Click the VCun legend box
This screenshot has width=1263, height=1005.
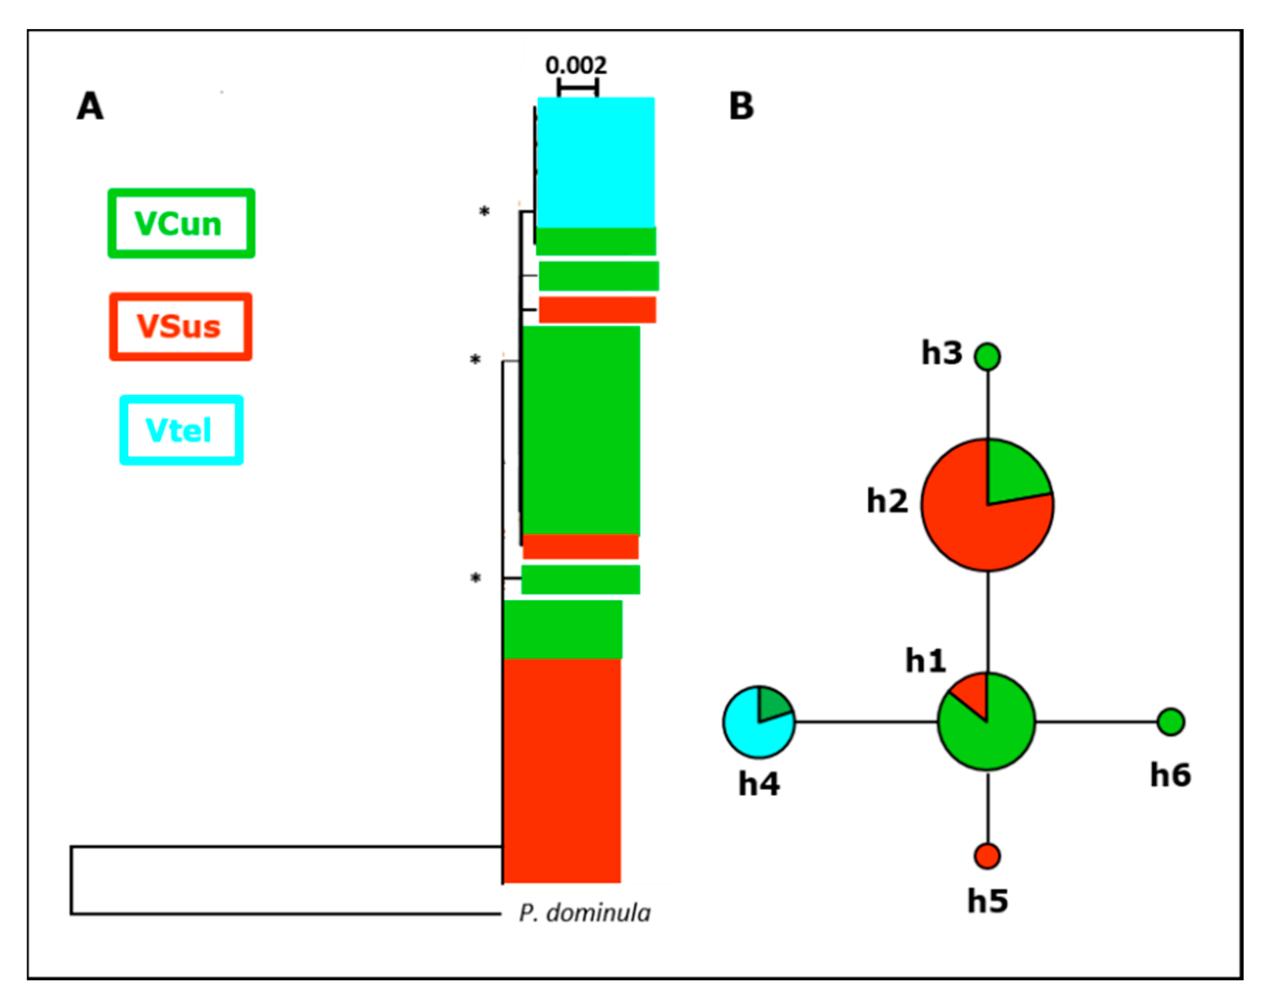(181, 223)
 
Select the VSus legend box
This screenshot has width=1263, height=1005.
(181, 326)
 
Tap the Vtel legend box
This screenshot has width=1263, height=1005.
(181, 430)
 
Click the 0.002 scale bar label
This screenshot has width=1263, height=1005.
(576, 65)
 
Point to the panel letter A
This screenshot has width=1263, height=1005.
(90, 107)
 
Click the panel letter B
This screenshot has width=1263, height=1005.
(741, 107)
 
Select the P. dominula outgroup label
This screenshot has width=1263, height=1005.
(584, 913)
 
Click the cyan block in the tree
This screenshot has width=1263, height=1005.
(595, 162)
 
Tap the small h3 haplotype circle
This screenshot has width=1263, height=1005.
(987, 356)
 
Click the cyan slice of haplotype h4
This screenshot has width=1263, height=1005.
(753, 732)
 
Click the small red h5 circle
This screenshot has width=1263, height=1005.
(987, 856)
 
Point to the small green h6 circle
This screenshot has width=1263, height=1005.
(1171, 721)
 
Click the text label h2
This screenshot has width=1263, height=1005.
(887, 501)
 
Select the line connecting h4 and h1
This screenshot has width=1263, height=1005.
(866, 721)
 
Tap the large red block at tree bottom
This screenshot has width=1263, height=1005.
(562, 770)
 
